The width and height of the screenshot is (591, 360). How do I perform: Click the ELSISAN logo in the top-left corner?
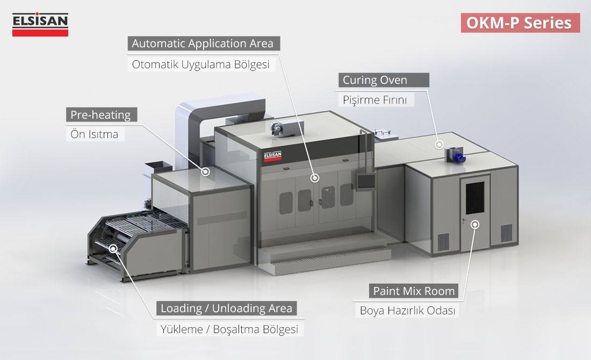(40, 25)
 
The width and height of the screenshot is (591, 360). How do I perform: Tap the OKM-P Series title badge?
(520, 23)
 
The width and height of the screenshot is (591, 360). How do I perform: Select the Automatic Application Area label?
(203, 43)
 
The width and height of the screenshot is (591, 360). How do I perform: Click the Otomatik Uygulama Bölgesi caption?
(202, 64)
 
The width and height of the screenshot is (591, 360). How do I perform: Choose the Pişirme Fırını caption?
(376, 99)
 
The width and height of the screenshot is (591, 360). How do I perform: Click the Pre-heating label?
(100, 114)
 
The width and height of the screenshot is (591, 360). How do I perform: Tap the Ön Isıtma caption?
(95, 134)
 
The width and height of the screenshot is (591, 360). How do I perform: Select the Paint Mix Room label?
(414, 291)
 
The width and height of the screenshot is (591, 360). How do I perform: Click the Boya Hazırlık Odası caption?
(407, 310)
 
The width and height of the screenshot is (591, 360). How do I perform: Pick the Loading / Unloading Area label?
(226, 308)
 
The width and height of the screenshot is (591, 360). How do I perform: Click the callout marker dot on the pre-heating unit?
(205, 172)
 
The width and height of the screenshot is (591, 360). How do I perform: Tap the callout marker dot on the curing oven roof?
(439, 144)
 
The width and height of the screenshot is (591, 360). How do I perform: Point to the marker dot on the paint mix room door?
(474, 225)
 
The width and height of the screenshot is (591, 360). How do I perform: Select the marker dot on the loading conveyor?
(113, 248)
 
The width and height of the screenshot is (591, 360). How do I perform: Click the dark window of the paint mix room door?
(474, 197)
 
